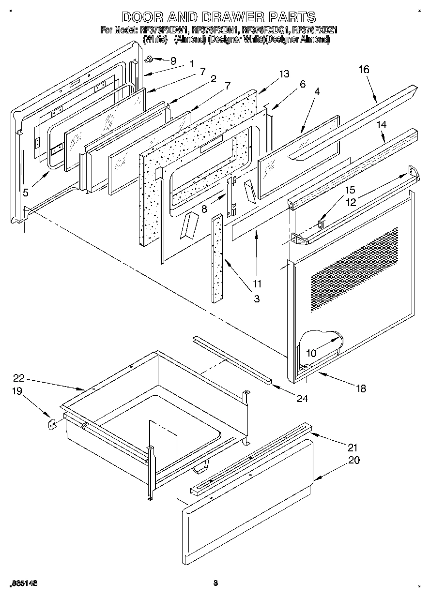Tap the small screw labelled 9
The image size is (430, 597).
click(x=150, y=59)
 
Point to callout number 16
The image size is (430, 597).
click(x=364, y=70)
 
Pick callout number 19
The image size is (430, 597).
click(x=17, y=391)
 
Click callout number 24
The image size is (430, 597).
click(x=303, y=399)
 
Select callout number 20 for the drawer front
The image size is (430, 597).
click(x=354, y=460)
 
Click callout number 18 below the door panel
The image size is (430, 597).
click(x=361, y=388)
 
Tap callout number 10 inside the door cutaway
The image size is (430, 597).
click(x=311, y=353)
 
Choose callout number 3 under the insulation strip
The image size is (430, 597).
click(x=256, y=299)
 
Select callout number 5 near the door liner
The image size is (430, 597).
click(x=26, y=193)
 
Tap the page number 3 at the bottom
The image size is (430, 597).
click(x=216, y=583)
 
